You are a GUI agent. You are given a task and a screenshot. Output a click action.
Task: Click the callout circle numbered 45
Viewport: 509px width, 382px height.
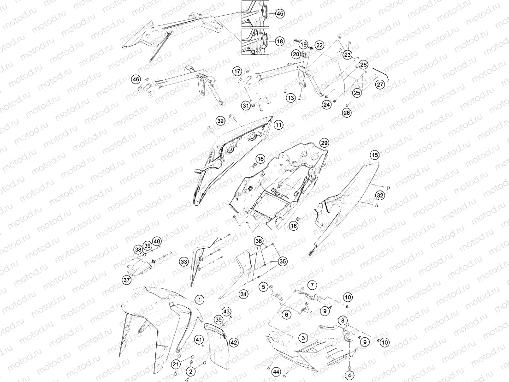[x=280, y=14]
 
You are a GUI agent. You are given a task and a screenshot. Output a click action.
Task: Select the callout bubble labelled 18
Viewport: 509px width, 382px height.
[x=280, y=41]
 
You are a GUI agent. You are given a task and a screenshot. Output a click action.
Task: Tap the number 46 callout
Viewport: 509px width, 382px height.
[x=136, y=79]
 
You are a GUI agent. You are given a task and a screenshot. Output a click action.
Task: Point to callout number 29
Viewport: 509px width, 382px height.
[x=324, y=143]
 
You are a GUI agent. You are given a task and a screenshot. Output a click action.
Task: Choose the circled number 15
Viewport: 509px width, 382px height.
[x=375, y=155]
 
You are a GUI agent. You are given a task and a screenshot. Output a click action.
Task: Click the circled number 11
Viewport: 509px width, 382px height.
[x=278, y=125]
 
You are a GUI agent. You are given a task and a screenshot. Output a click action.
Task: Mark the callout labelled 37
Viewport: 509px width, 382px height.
[x=127, y=280]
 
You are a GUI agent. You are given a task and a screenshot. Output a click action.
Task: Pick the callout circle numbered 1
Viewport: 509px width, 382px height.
[x=199, y=299]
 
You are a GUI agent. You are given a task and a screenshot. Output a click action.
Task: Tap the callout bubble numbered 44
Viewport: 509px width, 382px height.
[x=276, y=371]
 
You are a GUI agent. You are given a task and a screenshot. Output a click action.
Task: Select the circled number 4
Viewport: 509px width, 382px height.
[x=349, y=376]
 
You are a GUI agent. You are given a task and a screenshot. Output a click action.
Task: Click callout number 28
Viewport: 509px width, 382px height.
[x=347, y=113]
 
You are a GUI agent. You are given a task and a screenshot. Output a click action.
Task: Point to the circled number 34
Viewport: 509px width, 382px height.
[x=243, y=294]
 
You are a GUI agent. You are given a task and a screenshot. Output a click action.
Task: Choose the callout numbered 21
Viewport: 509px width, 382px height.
[x=176, y=364]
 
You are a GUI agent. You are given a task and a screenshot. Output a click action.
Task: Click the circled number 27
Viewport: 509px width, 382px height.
[x=380, y=84]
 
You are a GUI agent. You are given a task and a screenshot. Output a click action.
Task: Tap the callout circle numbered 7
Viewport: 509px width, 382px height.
[x=312, y=285]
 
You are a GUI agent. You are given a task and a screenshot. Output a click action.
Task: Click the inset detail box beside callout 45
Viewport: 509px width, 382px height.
[x=255, y=13]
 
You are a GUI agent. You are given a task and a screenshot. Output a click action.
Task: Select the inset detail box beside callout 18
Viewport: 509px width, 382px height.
[x=255, y=41]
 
